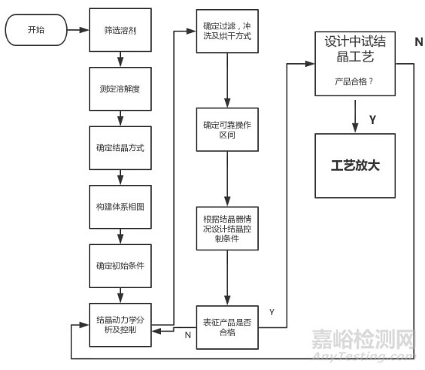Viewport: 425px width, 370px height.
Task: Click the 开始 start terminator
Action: point(36,30)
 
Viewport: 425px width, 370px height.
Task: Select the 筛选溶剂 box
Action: point(120,30)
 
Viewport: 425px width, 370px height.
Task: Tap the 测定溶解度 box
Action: point(120,89)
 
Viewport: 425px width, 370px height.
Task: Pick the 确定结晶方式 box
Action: point(120,148)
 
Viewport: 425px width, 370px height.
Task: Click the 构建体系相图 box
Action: point(120,207)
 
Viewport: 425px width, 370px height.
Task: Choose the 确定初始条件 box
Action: point(120,266)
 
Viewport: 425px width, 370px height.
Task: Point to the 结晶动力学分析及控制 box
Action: point(120,325)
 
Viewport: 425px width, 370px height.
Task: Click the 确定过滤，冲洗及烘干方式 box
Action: point(227,31)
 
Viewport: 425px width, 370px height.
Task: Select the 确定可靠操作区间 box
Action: point(227,129)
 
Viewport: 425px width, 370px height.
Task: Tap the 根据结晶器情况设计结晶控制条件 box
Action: point(227,229)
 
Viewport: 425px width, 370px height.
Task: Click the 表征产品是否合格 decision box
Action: point(227,327)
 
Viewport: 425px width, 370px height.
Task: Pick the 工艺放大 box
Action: point(355,165)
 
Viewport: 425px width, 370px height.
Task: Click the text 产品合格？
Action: point(354,81)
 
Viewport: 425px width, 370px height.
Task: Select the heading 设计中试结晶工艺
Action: point(355,49)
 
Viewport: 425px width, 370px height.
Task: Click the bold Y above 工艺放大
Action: point(372,120)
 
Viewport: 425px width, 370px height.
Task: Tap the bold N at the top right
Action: point(419,42)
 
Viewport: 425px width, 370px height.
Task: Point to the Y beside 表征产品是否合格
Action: point(272,312)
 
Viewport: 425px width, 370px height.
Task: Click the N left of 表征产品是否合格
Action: point(188,335)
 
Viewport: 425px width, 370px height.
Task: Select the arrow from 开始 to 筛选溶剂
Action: point(78,30)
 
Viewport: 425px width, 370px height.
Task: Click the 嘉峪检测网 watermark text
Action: point(363,339)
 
